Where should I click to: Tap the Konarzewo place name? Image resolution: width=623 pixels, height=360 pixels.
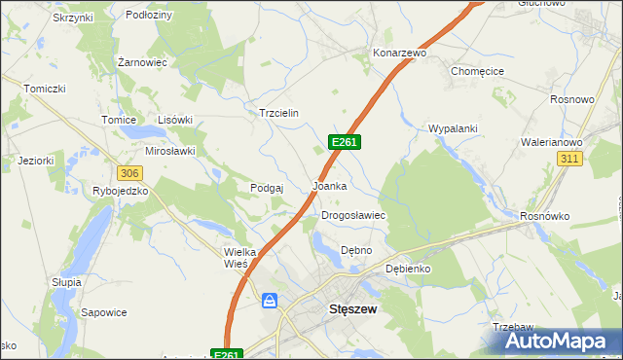[x=400, y=53]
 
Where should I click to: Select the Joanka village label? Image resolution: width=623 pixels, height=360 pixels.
[x=330, y=185]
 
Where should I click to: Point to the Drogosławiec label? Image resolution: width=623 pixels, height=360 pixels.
[x=354, y=215]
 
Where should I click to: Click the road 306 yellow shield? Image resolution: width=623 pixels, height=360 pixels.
[x=129, y=172]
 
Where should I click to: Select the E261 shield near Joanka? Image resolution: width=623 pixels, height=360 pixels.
[x=346, y=142]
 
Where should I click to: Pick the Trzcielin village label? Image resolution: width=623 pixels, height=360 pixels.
[x=277, y=113]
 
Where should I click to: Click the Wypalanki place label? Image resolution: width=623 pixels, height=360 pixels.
[x=451, y=128]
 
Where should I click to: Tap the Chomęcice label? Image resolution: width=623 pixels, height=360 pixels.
[x=477, y=71]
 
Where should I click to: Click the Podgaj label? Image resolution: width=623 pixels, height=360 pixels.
[x=267, y=188]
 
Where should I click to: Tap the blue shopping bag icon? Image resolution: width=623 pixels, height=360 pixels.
[x=271, y=302]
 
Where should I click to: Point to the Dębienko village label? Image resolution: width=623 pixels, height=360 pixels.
[x=408, y=268]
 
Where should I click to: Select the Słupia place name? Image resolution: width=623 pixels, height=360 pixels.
[x=65, y=281]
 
